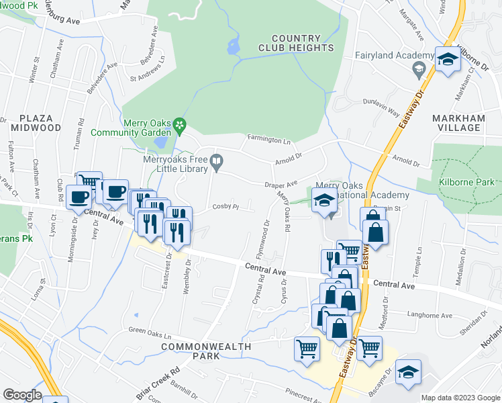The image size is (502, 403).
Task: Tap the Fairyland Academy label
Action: pyautogui.click(x=382, y=55)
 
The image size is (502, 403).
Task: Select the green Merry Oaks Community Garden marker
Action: pyautogui.click(x=179, y=125)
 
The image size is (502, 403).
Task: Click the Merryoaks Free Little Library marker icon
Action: pyautogui.click(x=216, y=161)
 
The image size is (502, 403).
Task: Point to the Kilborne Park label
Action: pyautogui.click(x=466, y=182)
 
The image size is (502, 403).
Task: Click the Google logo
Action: pyautogui.click(x=22, y=395)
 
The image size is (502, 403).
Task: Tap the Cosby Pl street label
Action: pyautogui.click(x=226, y=207)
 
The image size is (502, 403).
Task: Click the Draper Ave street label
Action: pyautogui.click(x=281, y=184)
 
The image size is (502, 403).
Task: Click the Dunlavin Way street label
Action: pyautogui.click(x=381, y=103)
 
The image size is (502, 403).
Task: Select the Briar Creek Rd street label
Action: pyautogui.click(x=165, y=380)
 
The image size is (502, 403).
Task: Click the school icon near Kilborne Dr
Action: pyautogui.click(x=445, y=60)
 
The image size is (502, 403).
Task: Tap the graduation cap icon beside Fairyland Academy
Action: pyautogui.click(x=418, y=69)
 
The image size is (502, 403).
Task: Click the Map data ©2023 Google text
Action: pyautogui.click(x=460, y=398)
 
